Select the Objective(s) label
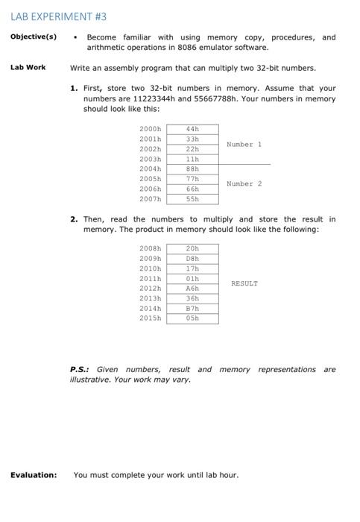[x=34, y=37]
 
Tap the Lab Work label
[x=28, y=67]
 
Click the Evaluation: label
[x=33, y=474]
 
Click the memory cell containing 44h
[x=192, y=129]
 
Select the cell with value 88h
[x=192, y=169]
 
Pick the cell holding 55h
[x=192, y=199]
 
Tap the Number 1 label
[x=244, y=144]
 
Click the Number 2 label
[x=244, y=183]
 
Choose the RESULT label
[x=244, y=283]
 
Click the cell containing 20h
[x=192, y=248]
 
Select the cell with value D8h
[x=192, y=258]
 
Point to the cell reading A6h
[x=192, y=288]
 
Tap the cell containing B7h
[x=192, y=308]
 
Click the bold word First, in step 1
[x=95, y=88]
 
